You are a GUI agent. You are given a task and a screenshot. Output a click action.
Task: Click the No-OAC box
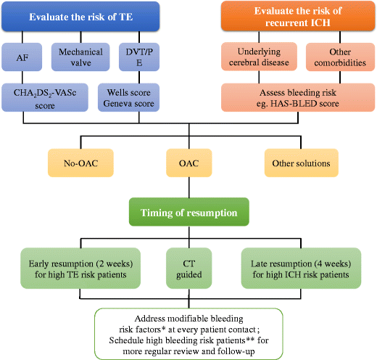click(80, 163)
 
